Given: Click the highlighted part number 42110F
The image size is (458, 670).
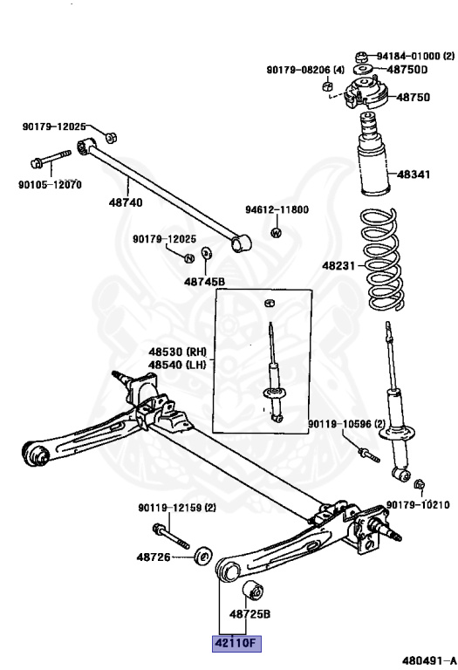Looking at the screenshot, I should click(x=232, y=644).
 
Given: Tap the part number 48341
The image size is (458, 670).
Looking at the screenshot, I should click(x=414, y=174).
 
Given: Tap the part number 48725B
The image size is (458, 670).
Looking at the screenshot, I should click(x=250, y=614).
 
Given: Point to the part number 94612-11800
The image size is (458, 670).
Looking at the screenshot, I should click(x=277, y=210).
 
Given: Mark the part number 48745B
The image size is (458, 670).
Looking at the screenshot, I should click(x=204, y=282).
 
